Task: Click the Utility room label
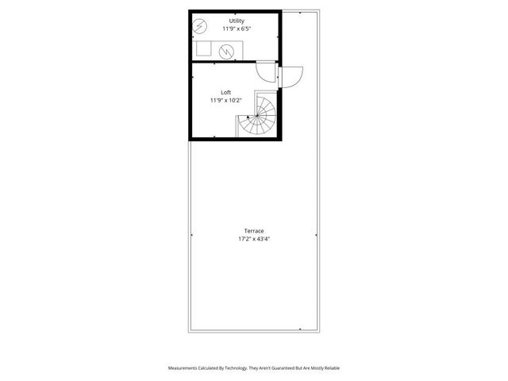237,20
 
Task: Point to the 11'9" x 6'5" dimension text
237,29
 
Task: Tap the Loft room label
226,92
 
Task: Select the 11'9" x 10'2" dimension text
226,101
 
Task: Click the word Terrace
254,230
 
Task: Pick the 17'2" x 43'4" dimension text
254,239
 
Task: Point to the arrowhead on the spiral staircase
248,117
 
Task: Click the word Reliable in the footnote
329,368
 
